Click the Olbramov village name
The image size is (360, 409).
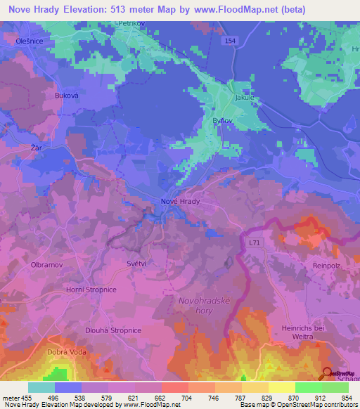48,265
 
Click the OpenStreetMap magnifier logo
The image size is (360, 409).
328,374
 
